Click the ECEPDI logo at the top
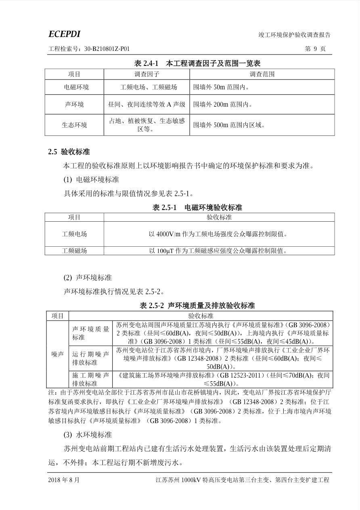point(64,34)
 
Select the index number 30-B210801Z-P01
point(107,49)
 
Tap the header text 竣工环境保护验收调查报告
point(294,35)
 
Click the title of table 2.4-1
point(197,63)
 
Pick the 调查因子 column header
point(147,74)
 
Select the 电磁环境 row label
point(74,87)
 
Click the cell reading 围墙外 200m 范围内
point(223,105)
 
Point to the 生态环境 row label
point(74,125)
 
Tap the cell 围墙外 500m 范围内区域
point(229,125)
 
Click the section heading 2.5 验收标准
point(69,152)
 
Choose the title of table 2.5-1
point(197,208)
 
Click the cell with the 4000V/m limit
point(219,234)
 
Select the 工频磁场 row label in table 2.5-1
point(74,251)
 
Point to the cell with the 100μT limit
point(219,251)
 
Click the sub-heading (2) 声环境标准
point(88,278)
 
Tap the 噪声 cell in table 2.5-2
point(57,354)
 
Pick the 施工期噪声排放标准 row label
point(90,379)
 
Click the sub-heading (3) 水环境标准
point(88,435)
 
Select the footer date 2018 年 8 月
point(64,480)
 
